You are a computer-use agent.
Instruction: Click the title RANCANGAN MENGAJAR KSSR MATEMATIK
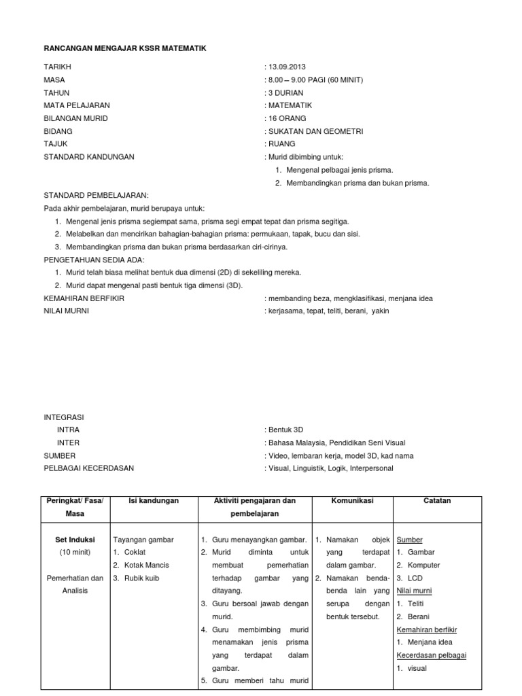point(124,49)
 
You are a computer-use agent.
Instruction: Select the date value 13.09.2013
point(288,67)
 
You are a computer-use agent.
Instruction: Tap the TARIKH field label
point(57,67)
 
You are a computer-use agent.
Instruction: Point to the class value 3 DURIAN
point(286,92)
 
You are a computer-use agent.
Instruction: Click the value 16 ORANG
point(288,118)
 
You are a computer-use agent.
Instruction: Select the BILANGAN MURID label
point(75,118)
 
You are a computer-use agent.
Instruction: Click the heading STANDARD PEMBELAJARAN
point(96,195)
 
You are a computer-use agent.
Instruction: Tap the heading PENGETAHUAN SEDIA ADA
point(94,260)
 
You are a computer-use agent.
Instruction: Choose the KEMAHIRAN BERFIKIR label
point(84,298)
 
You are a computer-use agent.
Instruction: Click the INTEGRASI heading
point(65,417)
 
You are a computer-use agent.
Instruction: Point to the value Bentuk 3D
point(286,430)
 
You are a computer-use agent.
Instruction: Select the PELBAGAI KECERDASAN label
point(89,468)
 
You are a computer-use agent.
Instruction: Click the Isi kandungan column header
point(153,501)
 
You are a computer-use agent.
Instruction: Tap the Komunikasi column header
point(352,501)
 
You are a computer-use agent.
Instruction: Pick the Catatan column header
point(438,501)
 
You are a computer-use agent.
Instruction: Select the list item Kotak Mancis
point(146,565)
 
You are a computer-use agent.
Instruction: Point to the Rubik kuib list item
point(145,578)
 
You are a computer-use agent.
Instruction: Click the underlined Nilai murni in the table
point(415,591)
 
